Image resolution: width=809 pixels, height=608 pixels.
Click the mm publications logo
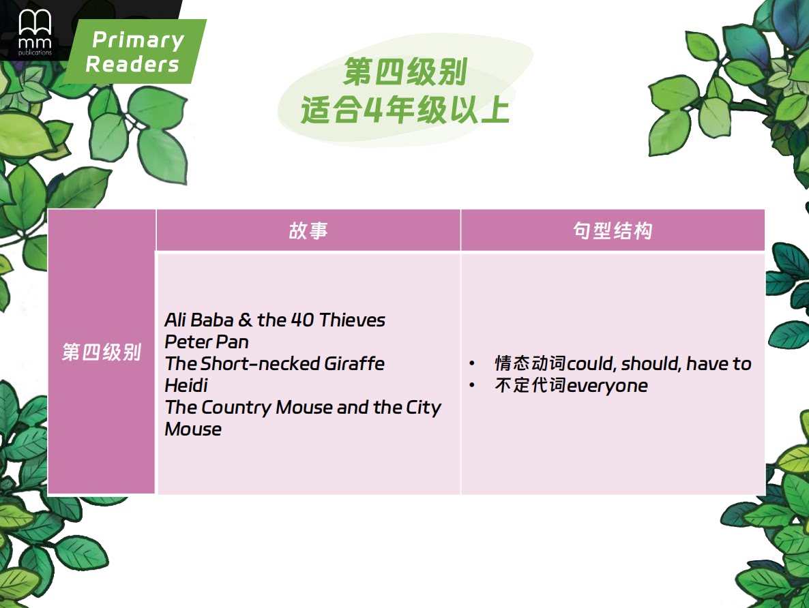(35, 32)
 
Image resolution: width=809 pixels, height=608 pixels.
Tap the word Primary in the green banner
(138, 40)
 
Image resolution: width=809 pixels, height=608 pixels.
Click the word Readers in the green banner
(132, 65)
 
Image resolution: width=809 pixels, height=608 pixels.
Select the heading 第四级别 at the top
(406, 72)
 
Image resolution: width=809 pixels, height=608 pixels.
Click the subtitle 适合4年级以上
(406, 110)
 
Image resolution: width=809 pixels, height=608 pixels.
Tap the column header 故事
(308, 230)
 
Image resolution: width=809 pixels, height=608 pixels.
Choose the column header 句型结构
(613, 230)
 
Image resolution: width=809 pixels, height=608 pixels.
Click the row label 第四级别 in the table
(102, 352)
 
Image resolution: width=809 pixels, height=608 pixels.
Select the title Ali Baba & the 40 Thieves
(275, 320)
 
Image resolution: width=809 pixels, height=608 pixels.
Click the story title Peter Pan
(207, 342)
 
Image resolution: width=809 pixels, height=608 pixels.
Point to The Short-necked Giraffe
(275, 363)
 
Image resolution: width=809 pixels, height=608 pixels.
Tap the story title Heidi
(186, 385)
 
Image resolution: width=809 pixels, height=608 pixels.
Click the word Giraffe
(355, 363)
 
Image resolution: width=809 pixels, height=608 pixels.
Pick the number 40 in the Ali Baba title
(302, 320)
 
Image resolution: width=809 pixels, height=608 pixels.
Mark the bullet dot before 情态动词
(471, 363)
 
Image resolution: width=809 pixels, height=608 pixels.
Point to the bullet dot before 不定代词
(471, 385)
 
